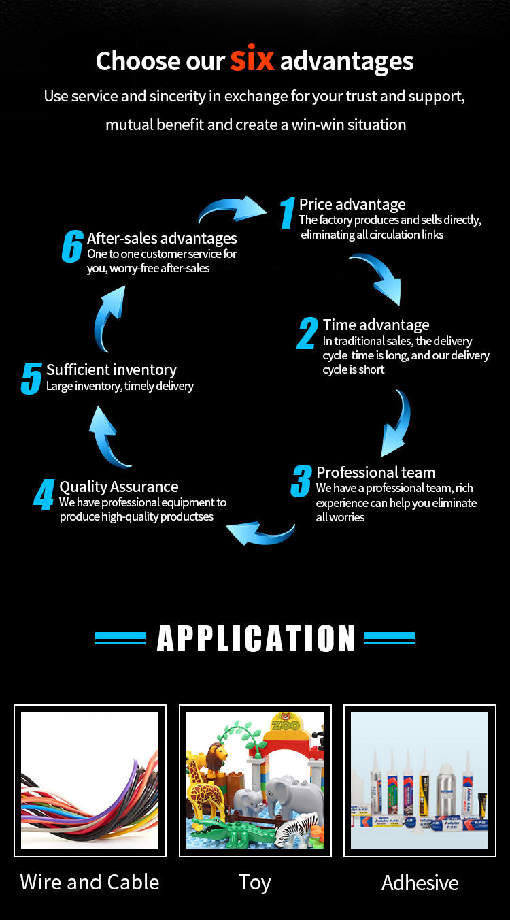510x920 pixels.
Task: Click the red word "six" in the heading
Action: tap(252, 60)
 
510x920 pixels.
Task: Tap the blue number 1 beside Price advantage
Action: tap(288, 213)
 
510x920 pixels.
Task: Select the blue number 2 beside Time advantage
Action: tap(308, 333)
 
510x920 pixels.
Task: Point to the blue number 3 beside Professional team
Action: tap(301, 481)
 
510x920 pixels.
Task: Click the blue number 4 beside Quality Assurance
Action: tap(44, 495)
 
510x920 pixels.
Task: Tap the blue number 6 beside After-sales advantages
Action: tap(72, 246)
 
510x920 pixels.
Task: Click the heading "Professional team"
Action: tap(375, 472)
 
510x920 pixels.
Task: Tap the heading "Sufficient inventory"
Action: tap(112, 369)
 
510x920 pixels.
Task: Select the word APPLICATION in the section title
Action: tap(256, 638)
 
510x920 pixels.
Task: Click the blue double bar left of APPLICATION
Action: tap(120, 638)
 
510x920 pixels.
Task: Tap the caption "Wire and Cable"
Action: tap(90, 882)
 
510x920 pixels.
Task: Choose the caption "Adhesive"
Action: tap(420, 883)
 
